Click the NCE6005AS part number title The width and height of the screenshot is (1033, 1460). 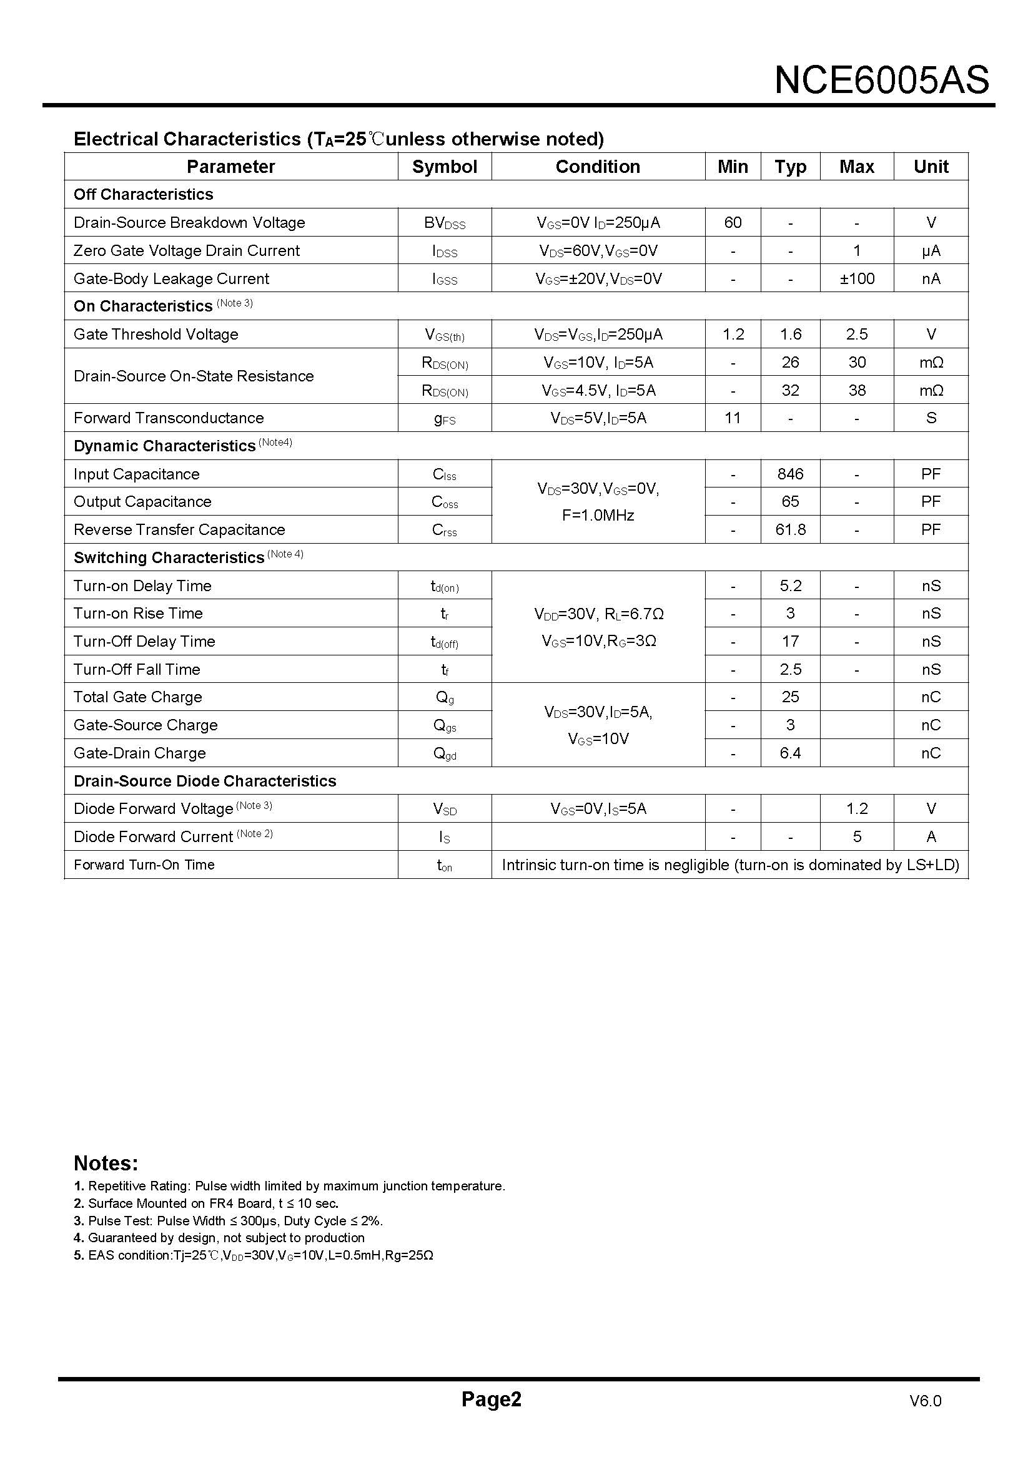pos(881,81)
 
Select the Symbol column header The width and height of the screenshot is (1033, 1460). pos(444,167)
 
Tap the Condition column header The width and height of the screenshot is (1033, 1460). pos(597,167)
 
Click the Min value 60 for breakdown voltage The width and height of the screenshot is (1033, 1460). pos(732,223)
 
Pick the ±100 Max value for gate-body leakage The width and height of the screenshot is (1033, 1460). pos(856,278)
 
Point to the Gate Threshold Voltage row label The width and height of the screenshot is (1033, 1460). pos(156,335)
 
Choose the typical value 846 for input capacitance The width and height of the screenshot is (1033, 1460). pos(790,474)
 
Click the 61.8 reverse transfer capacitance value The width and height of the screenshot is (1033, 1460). pos(790,530)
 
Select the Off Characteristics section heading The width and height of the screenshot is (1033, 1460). pos(143,195)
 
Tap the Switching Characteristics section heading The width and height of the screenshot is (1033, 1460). pos(169,557)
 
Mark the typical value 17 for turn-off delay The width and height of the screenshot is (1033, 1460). pos(790,641)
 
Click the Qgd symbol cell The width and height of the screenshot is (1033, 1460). pos(444,753)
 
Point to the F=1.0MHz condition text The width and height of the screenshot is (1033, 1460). pos(597,516)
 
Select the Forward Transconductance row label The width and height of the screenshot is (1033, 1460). pos(169,418)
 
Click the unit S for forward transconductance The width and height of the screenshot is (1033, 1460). pos(931,418)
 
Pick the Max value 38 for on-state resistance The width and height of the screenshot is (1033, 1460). pos(856,390)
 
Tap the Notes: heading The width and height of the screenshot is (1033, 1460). pos(106,1163)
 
